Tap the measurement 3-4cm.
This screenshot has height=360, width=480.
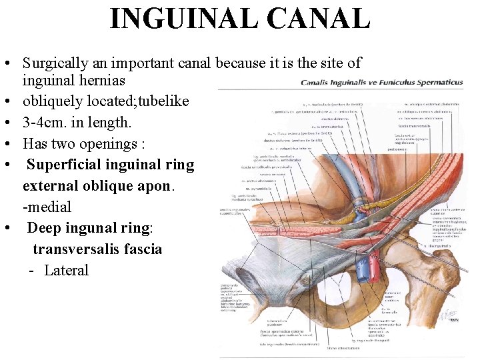tap(47, 123)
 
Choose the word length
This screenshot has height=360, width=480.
tap(111, 123)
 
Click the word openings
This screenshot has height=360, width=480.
tap(109, 144)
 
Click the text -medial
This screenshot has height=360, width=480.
tap(47, 207)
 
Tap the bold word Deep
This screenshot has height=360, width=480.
tap(44, 228)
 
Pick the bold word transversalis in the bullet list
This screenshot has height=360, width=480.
tap(78, 249)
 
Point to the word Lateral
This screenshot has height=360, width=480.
tap(66, 271)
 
